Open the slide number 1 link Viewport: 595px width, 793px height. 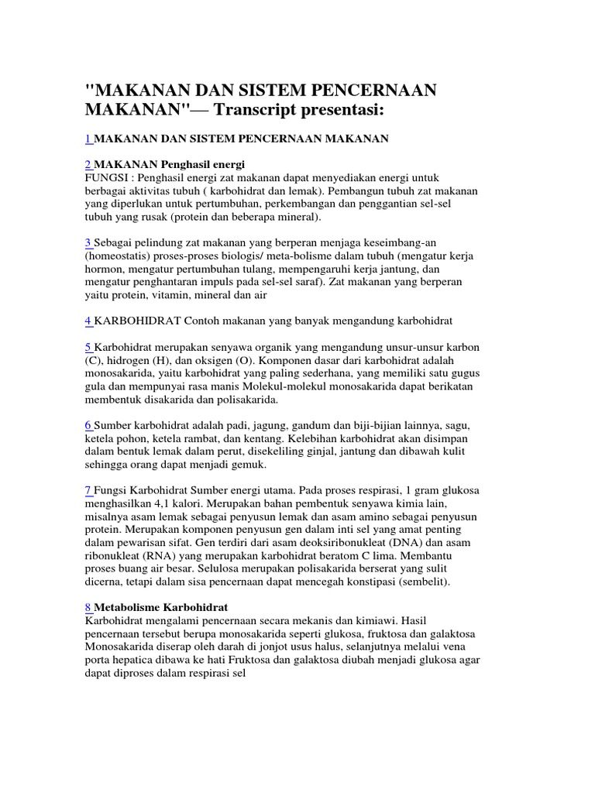[x=88, y=139]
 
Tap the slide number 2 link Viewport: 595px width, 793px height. [x=88, y=164]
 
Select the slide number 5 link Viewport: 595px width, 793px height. [x=88, y=347]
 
